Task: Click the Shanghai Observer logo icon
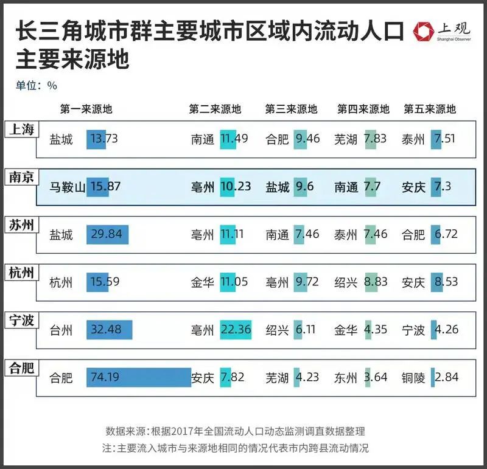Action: pos(422,32)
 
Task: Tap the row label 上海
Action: pos(23,129)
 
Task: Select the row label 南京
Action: pos(23,176)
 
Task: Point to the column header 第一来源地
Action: pos(86,109)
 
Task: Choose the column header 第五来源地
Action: pos(430,109)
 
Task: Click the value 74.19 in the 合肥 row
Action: pos(105,378)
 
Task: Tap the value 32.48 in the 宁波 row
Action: pos(105,330)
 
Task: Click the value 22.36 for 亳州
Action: pos(235,330)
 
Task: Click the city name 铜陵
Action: pos(413,378)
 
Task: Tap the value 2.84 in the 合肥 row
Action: pos(446,378)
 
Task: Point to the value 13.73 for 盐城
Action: pos(103,139)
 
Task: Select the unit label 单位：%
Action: pos(37,86)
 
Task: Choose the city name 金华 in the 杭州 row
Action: pos(202,282)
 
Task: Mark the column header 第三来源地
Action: pos(291,109)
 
